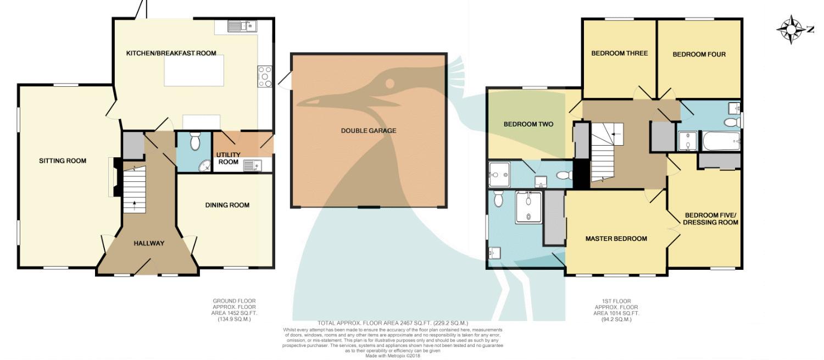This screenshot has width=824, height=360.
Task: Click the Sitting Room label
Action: (x=63, y=161)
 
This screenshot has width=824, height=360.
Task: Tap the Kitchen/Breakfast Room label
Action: (x=171, y=53)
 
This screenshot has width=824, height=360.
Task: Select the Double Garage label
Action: (x=369, y=131)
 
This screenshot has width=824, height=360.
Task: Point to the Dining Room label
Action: (x=227, y=205)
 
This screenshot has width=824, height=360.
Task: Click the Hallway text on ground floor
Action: (x=149, y=243)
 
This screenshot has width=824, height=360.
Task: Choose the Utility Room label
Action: (x=228, y=158)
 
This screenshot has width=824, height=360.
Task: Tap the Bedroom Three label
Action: (x=620, y=53)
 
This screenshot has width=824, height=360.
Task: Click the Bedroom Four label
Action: (x=699, y=54)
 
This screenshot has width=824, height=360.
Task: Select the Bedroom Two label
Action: (x=528, y=124)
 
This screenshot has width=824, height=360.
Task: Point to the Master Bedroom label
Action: (x=616, y=239)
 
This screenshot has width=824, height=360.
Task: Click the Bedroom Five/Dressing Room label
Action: (x=710, y=219)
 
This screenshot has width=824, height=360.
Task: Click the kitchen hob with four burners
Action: (x=265, y=76)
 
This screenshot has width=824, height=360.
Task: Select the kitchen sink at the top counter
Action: (x=242, y=26)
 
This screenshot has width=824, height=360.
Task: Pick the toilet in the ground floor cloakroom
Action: (x=195, y=141)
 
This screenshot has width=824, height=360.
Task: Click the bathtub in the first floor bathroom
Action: (x=721, y=141)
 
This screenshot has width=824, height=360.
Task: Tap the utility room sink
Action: (x=252, y=165)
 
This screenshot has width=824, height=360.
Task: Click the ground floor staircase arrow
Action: (x=134, y=206)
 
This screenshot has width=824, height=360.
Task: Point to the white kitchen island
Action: (x=194, y=71)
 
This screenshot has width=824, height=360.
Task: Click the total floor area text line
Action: (x=393, y=323)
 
